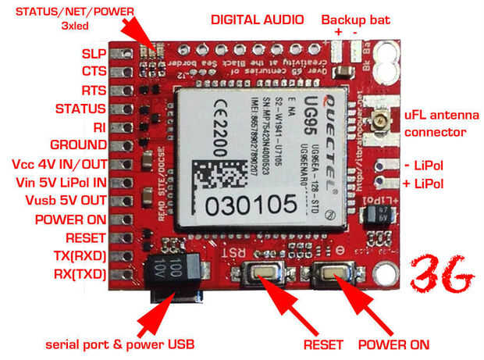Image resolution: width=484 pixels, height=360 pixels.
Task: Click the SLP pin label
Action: (x=94, y=55)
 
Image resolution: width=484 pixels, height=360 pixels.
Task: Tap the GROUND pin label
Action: (x=79, y=144)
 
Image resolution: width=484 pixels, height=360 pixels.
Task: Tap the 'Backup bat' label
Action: (x=356, y=19)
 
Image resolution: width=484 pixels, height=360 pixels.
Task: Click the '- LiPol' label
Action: (x=425, y=166)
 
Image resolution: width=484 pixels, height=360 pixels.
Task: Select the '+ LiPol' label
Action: (x=425, y=184)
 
